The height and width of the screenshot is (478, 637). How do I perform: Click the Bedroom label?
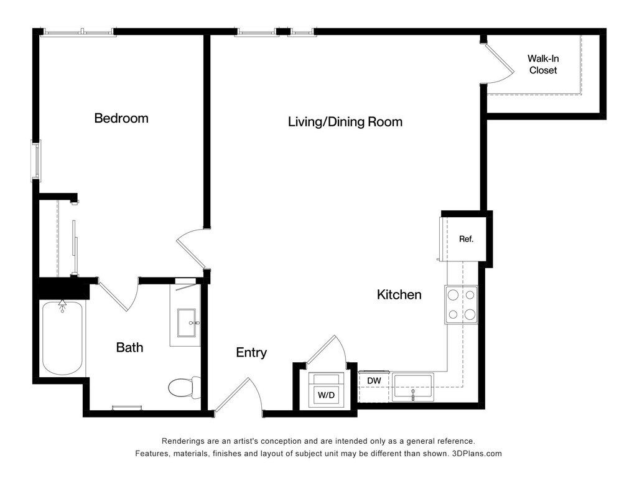(x=121, y=118)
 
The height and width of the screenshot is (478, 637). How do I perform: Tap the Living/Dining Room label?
(x=345, y=122)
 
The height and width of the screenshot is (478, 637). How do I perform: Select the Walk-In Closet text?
(x=543, y=64)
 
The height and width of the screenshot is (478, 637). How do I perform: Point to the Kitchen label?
(x=399, y=294)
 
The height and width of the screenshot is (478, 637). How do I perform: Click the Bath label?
(x=129, y=347)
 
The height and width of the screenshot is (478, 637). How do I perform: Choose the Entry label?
(x=251, y=352)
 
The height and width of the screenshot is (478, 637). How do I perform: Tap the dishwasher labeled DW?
(x=374, y=381)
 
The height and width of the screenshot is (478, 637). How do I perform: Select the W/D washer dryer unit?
(x=327, y=390)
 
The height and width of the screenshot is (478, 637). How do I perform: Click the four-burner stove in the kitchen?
(x=461, y=305)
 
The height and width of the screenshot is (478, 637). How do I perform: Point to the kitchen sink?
(x=413, y=387)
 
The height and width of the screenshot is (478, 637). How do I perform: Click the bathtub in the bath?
(x=63, y=338)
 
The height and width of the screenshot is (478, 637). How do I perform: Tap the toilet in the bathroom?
(x=184, y=388)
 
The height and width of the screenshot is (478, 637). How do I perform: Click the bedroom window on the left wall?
(x=37, y=161)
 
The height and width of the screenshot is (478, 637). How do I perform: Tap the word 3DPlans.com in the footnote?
(x=477, y=454)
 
